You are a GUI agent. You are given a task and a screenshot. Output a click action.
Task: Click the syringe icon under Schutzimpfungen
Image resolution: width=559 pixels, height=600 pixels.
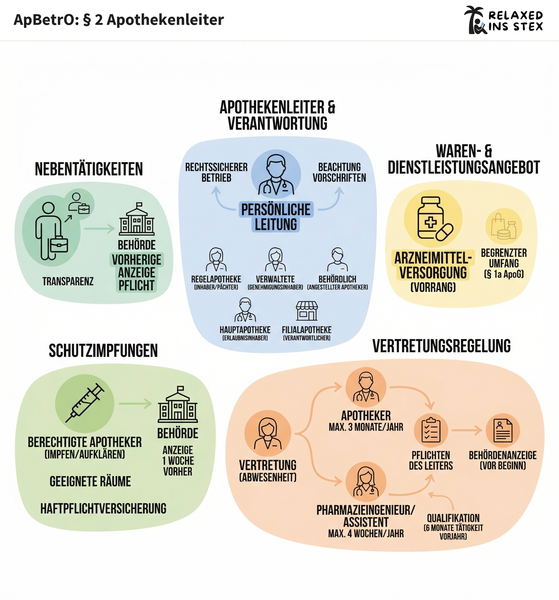click(85, 403)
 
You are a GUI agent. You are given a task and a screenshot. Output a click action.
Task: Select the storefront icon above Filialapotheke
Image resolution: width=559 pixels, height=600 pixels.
click(307, 311)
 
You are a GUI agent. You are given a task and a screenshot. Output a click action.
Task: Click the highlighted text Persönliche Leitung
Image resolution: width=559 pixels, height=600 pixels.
click(276, 217)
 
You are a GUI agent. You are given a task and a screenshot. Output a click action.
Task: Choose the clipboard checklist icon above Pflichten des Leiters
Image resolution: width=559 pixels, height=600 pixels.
click(431, 430)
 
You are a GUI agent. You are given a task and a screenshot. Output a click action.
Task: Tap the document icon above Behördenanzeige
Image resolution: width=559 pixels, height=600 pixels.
click(502, 430)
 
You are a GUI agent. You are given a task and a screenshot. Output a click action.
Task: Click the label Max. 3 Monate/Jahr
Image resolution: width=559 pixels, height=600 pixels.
click(366, 427)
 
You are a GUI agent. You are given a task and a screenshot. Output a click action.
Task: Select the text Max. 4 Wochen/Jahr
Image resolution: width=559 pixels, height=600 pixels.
click(366, 533)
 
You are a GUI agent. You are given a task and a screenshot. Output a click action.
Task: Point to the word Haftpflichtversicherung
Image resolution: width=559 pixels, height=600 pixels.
click(103, 509)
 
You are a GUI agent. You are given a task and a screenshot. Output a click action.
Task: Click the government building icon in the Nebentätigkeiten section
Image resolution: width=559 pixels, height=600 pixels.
click(137, 219)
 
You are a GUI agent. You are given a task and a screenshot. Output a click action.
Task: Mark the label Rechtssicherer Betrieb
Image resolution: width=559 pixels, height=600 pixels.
click(216, 172)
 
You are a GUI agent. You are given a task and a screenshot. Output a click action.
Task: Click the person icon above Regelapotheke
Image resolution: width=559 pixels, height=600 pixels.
click(216, 260)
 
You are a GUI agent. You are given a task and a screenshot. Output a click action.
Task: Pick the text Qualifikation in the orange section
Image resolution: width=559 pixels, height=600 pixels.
click(453, 518)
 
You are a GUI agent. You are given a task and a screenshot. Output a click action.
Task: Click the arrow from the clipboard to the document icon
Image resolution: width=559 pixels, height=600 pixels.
click(467, 430)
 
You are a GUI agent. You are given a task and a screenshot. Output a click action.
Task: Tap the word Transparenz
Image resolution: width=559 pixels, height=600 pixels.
click(68, 281)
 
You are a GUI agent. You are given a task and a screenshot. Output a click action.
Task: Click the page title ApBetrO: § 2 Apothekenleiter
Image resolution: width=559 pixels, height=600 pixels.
click(119, 20)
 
